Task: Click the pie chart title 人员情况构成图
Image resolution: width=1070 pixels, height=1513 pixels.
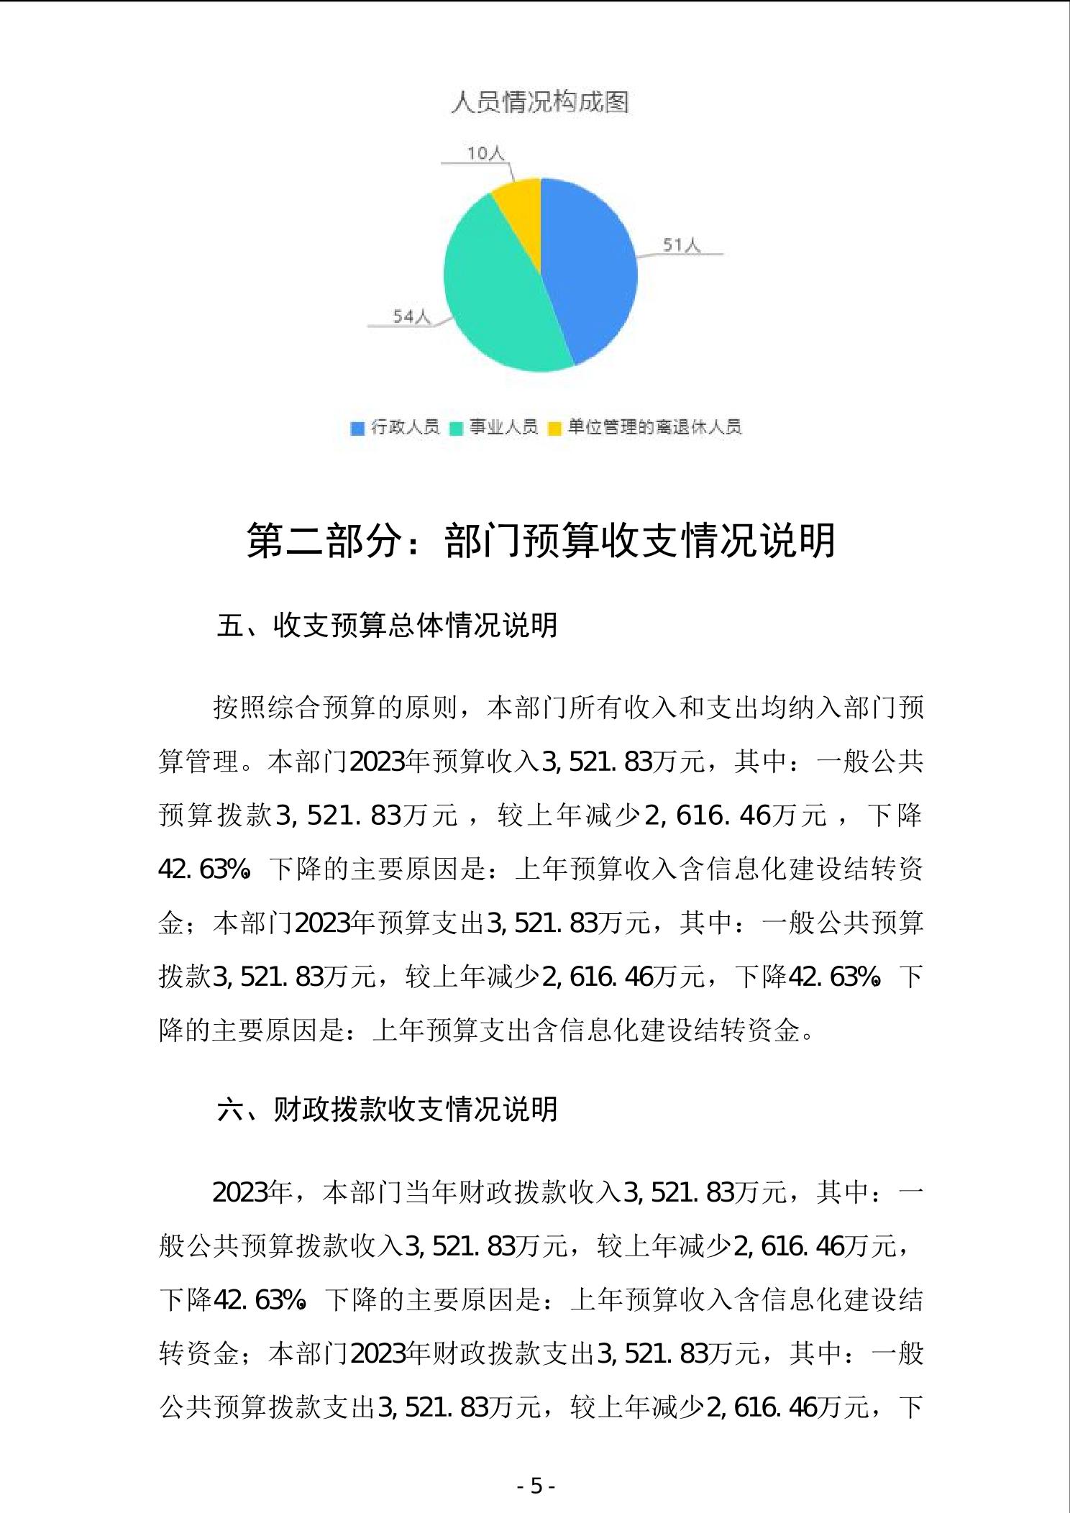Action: pyautogui.click(x=540, y=102)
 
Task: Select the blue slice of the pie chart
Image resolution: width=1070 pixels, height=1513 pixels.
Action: pyautogui.click(x=593, y=273)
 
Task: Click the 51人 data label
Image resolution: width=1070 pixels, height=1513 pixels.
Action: pyautogui.click(x=681, y=246)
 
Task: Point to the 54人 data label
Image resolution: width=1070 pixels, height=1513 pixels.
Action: pyautogui.click(x=411, y=316)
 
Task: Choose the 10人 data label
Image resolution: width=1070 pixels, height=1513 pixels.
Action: pyautogui.click(x=486, y=153)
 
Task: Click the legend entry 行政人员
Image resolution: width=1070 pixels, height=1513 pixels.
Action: pyautogui.click(x=405, y=427)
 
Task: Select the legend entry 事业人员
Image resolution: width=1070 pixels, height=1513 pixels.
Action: pyautogui.click(x=503, y=427)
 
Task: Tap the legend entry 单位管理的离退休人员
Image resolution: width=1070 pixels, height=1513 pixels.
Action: pyautogui.click(x=654, y=427)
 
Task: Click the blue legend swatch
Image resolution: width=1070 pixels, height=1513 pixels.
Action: pyautogui.click(x=357, y=429)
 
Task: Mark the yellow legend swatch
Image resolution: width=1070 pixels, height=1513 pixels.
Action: pyautogui.click(x=554, y=429)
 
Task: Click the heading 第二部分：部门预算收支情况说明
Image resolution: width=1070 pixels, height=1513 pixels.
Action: pyautogui.click(x=541, y=541)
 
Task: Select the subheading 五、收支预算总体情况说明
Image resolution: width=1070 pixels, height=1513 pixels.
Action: pyautogui.click(x=387, y=626)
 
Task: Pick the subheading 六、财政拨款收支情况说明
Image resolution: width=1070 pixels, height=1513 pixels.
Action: pyautogui.click(x=387, y=1109)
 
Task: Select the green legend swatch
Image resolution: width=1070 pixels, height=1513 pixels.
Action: pyautogui.click(x=456, y=429)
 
